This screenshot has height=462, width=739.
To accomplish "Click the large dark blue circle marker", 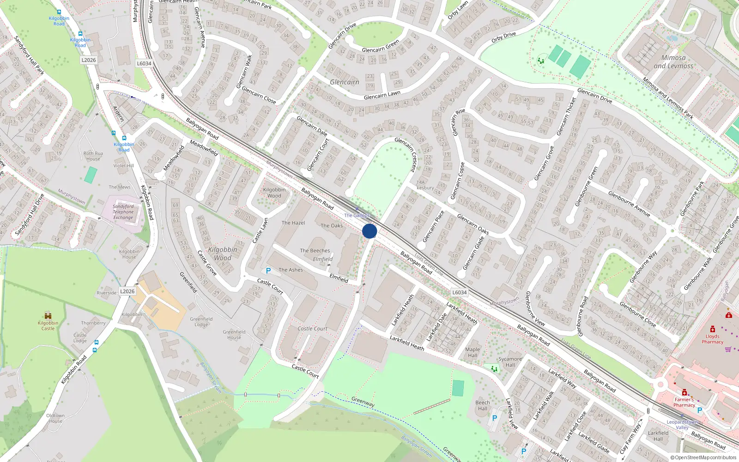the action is [x=369, y=231].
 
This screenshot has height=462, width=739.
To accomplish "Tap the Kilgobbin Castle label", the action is [x=48, y=326].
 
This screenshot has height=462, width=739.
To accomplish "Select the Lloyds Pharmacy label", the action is [x=712, y=339].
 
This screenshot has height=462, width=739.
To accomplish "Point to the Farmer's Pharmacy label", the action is [x=684, y=402].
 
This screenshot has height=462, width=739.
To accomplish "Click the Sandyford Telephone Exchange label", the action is [x=123, y=212].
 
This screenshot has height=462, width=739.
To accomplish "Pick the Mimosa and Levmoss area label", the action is [x=673, y=62].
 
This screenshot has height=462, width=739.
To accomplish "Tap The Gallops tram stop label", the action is [x=357, y=215].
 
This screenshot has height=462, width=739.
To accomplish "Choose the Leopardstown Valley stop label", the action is [x=682, y=425].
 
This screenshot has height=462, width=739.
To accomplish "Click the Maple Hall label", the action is [x=472, y=353].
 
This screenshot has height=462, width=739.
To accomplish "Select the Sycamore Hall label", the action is [x=510, y=362].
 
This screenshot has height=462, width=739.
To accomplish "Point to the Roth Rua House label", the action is [x=93, y=156].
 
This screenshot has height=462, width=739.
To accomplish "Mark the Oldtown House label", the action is [x=55, y=418].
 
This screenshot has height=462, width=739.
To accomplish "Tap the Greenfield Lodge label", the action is [x=201, y=322].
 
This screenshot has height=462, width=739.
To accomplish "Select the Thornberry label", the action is [x=93, y=323].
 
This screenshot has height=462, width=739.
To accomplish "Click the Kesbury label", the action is [x=425, y=188].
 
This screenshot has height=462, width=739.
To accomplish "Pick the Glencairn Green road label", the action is [x=380, y=47].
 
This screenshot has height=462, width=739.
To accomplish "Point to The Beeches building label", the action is [x=315, y=250].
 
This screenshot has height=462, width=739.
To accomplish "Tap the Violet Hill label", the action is [x=123, y=165].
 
